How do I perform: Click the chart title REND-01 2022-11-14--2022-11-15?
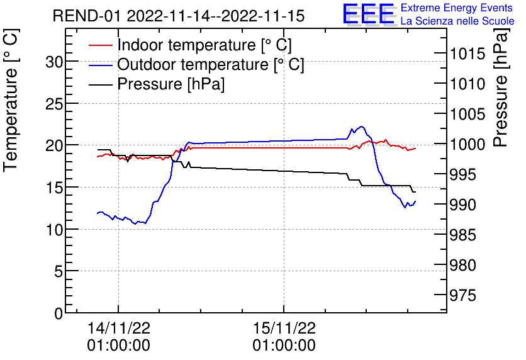(178, 16)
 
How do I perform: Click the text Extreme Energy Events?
(456, 8)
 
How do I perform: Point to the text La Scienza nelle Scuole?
(457, 21)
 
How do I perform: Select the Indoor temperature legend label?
(204, 45)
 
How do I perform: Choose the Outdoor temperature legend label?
(211, 65)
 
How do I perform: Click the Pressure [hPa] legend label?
(171, 84)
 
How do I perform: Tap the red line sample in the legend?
(100, 45)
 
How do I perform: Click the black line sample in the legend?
(100, 84)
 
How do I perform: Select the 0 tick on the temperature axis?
(58, 313)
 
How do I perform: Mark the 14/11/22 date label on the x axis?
(118, 328)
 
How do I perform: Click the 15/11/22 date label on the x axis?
(284, 328)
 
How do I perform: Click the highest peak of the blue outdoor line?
(361, 127)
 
